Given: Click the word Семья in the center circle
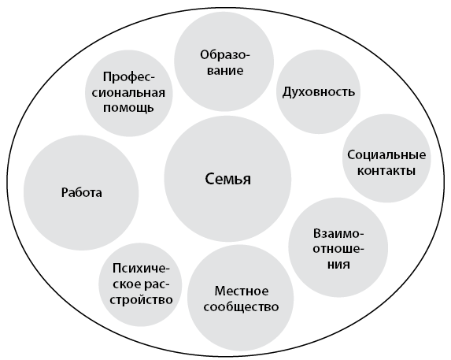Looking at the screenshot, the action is coord(227,179).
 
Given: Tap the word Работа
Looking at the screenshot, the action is coord(82,192).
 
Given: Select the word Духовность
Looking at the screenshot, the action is coord(319,92).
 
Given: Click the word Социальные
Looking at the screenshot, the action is coord(386,155).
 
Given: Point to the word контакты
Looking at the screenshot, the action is coord(386,171).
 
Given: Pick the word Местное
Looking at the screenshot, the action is coord(242,291).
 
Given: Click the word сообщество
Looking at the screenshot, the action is coord(241,306).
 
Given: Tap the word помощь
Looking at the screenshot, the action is coord(128,108).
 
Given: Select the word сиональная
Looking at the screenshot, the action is coord(128,93).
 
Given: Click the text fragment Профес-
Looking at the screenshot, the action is coord(129,78).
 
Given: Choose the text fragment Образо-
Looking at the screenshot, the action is coord(225,55).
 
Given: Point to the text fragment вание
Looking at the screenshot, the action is coord(225,71).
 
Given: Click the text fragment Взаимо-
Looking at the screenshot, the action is coord(338,233).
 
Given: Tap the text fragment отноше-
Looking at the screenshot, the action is coord(338,249).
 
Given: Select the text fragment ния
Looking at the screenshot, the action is coord(338,264).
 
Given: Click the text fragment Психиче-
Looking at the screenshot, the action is coord(141,269).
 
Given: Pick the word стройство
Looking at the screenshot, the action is coord(141,299).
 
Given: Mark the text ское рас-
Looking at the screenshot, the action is coord(141,284).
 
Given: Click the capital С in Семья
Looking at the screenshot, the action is coord(209,178).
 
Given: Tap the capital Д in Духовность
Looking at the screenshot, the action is coord(287,93).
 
